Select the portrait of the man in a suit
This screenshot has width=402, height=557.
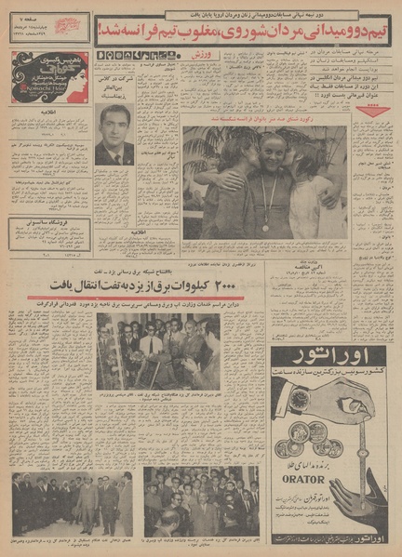(114, 135)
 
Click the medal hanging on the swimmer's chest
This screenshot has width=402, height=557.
(265, 226)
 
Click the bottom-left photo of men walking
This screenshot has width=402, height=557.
(72, 505)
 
